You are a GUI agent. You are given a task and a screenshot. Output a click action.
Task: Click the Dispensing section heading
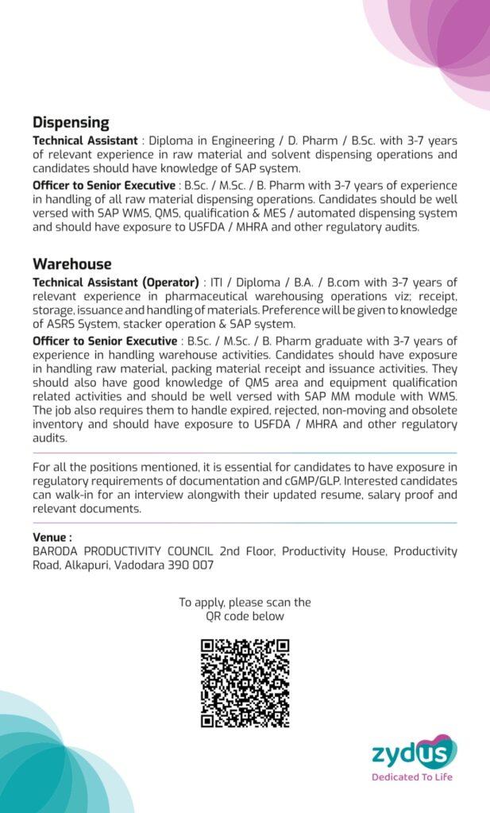[x=71, y=123]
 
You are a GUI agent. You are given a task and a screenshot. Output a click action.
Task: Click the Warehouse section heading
[x=71, y=264]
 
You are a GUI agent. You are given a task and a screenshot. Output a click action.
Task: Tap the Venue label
[x=52, y=538]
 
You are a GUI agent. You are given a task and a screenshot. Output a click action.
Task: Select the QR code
[x=245, y=684]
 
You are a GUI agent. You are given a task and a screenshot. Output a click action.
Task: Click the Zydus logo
[x=414, y=751]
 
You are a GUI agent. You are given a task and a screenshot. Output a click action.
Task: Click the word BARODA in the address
[x=56, y=551]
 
